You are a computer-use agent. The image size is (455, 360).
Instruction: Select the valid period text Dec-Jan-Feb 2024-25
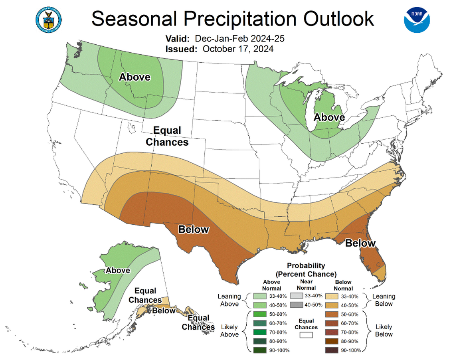[239, 39]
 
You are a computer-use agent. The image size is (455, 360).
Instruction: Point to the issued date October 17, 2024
[237, 49]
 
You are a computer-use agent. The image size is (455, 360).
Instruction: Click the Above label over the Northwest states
[135, 77]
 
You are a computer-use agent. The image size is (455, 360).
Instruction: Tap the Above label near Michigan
[329, 117]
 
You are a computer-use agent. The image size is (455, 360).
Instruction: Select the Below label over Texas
[193, 229]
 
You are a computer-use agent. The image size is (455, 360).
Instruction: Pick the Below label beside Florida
[360, 243]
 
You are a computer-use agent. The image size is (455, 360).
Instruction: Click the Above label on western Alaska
[118, 270]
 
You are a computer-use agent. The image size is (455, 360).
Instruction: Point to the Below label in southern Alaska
[164, 311]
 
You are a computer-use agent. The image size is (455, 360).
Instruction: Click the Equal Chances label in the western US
[167, 136]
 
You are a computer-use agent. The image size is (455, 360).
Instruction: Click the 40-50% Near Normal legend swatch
[296, 305]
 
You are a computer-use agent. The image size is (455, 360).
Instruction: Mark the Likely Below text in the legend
[384, 330]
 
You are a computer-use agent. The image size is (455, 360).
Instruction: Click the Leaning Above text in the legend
[229, 300]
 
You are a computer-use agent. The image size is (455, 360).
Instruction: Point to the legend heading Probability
[306, 265]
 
